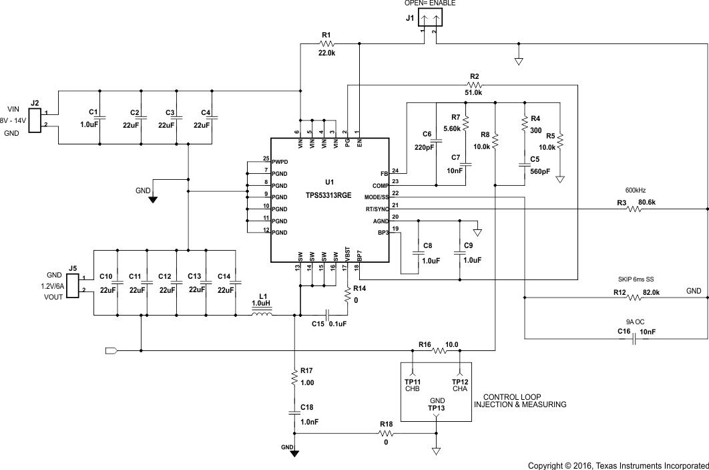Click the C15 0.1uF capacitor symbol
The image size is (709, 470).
(x=327, y=314)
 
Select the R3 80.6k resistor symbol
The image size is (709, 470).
(x=632, y=209)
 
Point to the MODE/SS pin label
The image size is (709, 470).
(x=376, y=197)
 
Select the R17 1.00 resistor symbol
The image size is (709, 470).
(x=294, y=378)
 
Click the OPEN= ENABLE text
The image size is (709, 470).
(x=430, y=3)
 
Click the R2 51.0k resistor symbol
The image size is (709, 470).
(x=474, y=85)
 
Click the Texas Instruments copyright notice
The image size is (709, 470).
(x=618, y=465)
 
